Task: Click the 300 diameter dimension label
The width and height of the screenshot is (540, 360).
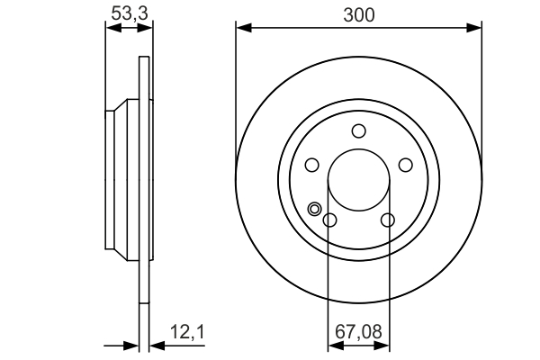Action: coord(359,15)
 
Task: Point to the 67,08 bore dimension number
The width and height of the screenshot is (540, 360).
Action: coord(358,332)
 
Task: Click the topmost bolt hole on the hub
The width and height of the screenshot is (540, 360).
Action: coord(358,131)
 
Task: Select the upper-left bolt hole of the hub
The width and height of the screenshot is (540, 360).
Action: coord(312,165)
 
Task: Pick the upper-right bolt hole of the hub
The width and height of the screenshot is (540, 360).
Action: coord(405,165)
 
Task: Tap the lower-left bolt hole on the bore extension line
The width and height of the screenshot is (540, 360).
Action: coord(329,220)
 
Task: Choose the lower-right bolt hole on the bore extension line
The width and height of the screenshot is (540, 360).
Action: coord(388,220)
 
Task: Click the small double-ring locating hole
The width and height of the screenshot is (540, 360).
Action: coord(314,210)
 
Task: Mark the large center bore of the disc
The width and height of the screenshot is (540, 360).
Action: coord(358,180)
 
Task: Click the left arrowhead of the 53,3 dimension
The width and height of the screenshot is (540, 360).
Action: coord(112,28)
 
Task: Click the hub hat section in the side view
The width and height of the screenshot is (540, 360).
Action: coord(121,180)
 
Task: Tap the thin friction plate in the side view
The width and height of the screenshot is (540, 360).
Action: coord(144,180)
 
